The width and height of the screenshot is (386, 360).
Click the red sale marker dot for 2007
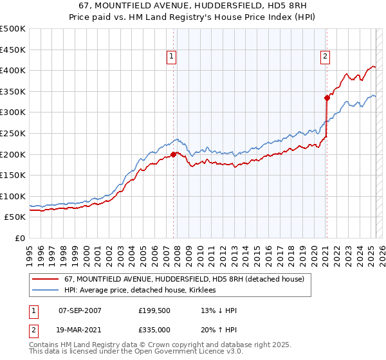(x=174, y=154)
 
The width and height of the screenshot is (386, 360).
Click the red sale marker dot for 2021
(x=327, y=98)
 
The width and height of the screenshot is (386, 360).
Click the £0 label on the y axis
(x=21, y=238)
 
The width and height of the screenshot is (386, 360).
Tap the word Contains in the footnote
(x=46, y=345)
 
